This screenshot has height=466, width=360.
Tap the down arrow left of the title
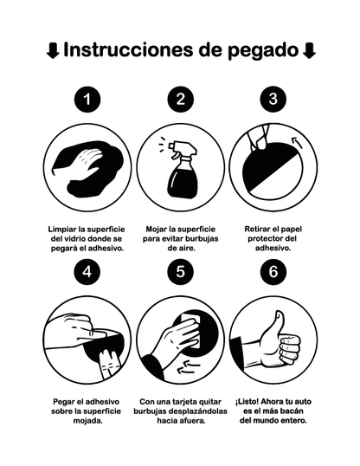(53, 51)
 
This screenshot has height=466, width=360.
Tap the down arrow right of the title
(310, 51)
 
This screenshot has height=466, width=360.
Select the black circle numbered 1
(87, 99)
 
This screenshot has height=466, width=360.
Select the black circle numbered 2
(180, 99)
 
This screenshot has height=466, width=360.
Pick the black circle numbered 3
(273, 99)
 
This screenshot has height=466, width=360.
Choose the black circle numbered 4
(87, 272)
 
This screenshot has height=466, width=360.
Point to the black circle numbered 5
(180, 272)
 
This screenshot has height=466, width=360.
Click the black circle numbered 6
(273, 272)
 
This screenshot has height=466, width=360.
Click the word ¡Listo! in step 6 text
(249, 402)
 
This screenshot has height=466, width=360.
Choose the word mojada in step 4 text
(87, 421)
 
